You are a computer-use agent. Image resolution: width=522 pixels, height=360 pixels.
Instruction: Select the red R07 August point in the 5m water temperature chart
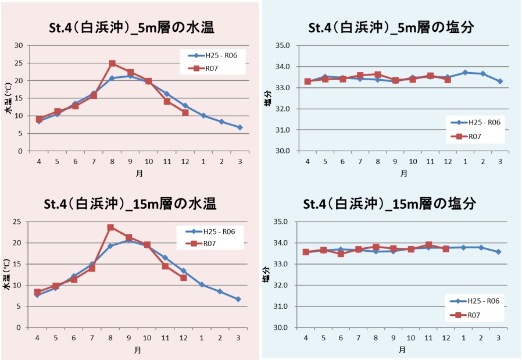pyautogui.click(x=112, y=63)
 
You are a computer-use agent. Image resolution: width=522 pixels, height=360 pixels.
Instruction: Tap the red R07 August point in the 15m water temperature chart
pyautogui.click(x=110, y=227)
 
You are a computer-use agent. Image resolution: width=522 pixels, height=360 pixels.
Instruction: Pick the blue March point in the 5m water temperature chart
pyautogui.click(x=239, y=127)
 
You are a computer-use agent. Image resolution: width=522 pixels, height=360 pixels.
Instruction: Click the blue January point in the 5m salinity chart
pyautogui.click(x=464, y=72)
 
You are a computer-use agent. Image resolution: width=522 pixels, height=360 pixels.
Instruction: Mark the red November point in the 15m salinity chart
pyautogui.click(x=428, y=245)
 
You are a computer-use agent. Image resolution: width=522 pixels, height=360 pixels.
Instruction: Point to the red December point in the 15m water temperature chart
pyautogui.click(x=184, y=278)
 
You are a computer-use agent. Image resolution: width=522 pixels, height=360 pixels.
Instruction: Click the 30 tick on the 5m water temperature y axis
pyautogui.click(x=19, y=45)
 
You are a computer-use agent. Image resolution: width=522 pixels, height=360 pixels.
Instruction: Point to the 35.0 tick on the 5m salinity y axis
pyautogui.click(x=282, y=45)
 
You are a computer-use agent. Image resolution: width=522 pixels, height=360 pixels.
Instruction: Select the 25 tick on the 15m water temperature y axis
pyautogui.click(x=19, y=222)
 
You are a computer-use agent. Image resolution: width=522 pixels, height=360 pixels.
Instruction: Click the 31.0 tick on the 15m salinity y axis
pyautogui.click(x=282, y=306)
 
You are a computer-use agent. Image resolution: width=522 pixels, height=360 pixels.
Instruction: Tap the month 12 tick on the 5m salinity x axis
pyautogui.click(x=447, y=161)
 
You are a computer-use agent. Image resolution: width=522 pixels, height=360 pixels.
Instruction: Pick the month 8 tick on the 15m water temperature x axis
pyautogui.click(x=110, y=338)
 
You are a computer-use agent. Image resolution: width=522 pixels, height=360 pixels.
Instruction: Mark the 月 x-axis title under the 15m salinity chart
pyautogui.click(x=402, y=350)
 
